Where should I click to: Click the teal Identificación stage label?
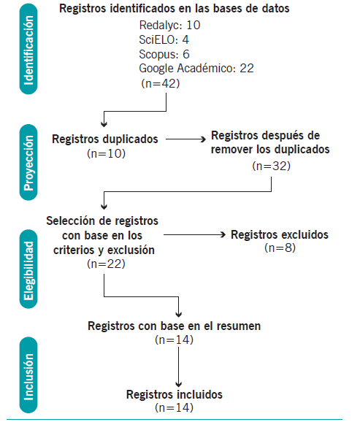click(x=28, y=49)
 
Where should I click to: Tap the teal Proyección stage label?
click(x=28, y=162)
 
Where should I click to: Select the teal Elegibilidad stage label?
click(x=28, y=269)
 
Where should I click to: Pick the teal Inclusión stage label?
click(x=28, y=375)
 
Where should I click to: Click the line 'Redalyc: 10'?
click(x=169, y=26)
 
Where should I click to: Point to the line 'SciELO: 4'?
click(x=164, y=40)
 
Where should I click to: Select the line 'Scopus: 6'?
click(x=164, y=54)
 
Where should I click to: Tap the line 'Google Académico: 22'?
click(x=196, y=69)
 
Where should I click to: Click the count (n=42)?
click(x=161, y=83)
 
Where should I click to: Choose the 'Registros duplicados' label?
click(x=105, y=139)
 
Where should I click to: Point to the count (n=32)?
click(x=272, y=166)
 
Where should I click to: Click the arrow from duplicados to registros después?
click(x=185, y=139)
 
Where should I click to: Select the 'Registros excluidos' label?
click(x=280, y=234)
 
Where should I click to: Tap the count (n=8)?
click(x=280, y=248)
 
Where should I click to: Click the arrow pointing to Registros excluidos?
click(x=194, y=234)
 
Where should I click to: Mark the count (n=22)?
click(x=106, y=264)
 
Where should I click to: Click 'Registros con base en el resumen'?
click(x=175, y=326)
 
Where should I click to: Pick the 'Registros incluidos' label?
click(x=175, y=394)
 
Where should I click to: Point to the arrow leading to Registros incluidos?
click(x=178, y=367)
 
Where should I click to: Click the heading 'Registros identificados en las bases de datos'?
click(x=175, y=9)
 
